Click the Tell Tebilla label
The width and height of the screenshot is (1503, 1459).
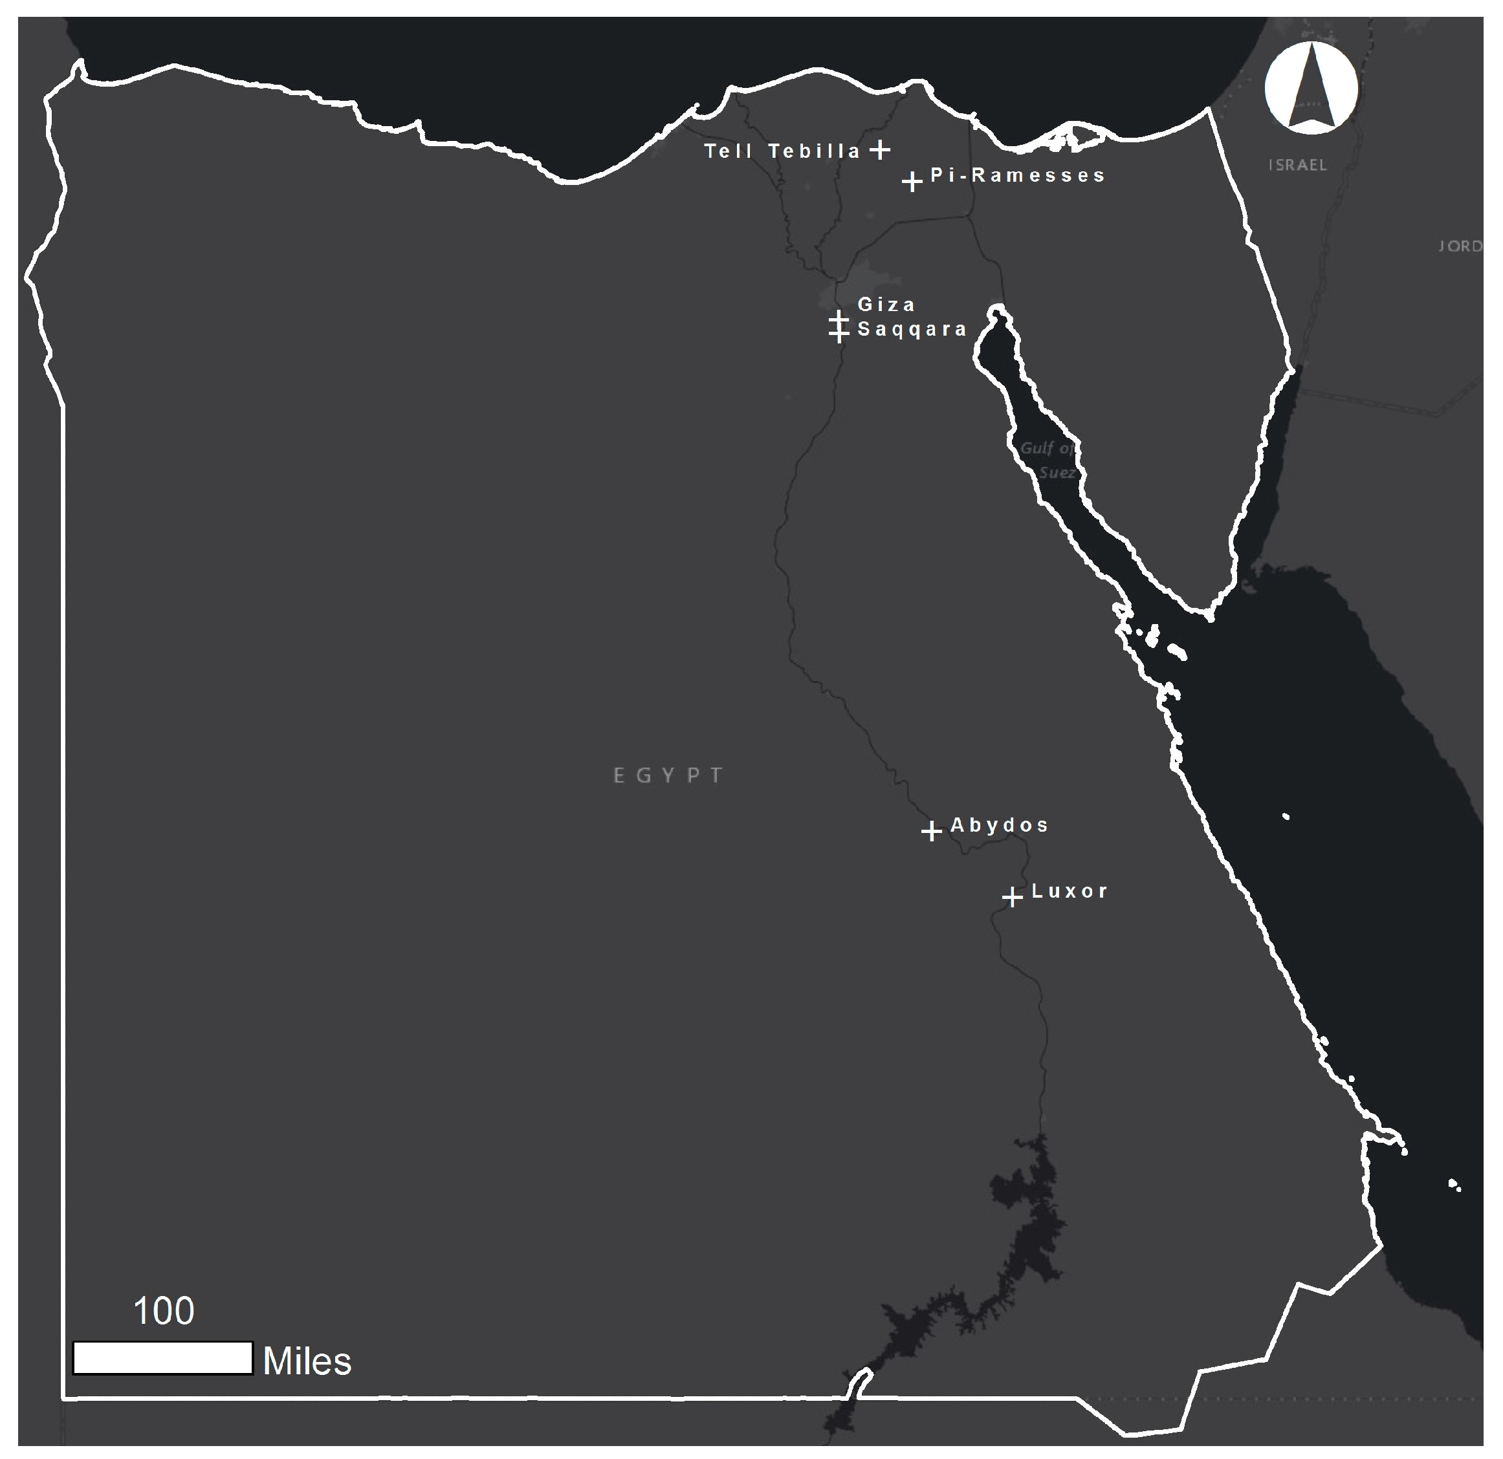[782, 151]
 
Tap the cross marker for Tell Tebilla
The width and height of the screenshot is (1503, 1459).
[881, 149]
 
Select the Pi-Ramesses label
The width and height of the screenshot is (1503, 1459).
[1018, 175]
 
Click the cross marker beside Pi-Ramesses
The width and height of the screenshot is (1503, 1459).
[912, 182]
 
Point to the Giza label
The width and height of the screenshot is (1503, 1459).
[886, 305]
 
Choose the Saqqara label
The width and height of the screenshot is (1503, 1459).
[912, 330]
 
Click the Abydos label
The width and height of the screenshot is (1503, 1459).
[999, 825]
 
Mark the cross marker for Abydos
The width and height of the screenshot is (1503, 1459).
[932, 830]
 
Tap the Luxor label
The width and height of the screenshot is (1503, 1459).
[1070, 891]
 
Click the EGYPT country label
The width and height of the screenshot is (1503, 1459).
[668, 776]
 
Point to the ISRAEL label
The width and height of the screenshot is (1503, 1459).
[1297, 165]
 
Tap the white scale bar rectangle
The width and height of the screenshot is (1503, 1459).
[162, 1358]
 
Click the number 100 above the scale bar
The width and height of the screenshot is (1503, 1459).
[163, 1312]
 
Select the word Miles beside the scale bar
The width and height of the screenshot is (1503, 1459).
[307, 1361]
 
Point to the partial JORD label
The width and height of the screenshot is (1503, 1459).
[1459, 246]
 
